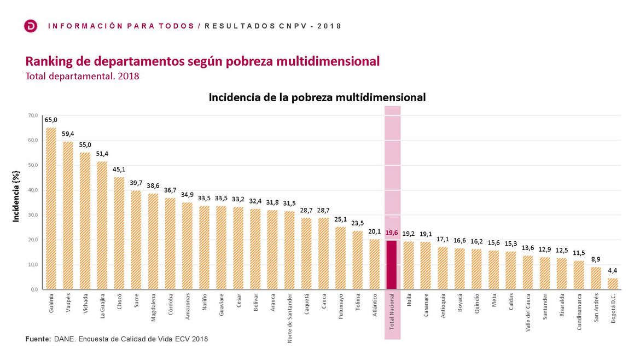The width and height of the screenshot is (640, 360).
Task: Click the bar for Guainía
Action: (51, 208)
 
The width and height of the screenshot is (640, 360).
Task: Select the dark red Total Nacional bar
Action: (392, 264)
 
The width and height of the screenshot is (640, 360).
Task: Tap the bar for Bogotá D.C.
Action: (613, 283)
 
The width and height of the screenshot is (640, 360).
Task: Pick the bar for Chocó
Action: (119, 233)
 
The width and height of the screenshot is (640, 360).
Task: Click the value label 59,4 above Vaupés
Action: (68, 133)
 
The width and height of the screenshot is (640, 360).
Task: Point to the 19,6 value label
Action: (392, 233)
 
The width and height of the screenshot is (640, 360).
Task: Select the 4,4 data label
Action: (613, 270)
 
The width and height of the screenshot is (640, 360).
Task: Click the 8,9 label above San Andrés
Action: (596, 259)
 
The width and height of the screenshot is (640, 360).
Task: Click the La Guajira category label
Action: (102, 306)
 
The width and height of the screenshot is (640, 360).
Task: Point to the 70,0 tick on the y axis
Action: (33, 116)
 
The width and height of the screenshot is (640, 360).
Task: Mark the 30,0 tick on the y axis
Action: (33, 215)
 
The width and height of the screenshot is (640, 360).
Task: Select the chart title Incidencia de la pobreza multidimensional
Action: (317, 97)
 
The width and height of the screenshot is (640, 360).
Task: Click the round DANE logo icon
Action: (31, 26)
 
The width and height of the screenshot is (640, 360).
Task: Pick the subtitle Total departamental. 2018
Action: (83, 76)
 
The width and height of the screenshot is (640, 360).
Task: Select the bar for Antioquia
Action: (443, 268)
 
